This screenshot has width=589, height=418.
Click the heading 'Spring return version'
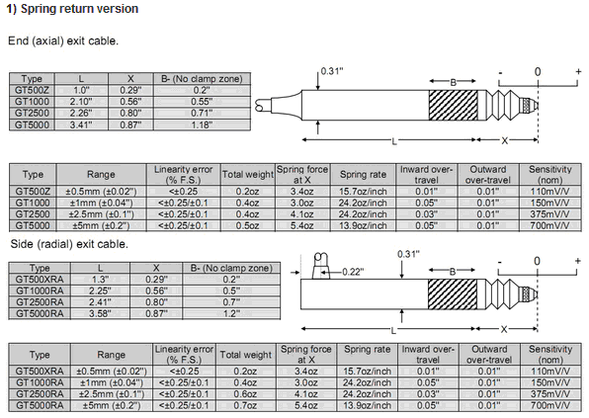79,9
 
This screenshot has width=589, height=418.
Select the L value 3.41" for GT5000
81,125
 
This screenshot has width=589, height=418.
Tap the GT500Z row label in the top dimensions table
32,90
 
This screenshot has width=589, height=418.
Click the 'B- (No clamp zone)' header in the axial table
202,78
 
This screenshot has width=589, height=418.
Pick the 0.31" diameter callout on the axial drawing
332,71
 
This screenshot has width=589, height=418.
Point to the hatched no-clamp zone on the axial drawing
453,105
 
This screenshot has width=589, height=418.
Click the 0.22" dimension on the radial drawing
353,272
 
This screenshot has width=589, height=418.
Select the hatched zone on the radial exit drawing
453,294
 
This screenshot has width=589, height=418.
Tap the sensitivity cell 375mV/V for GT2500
549,214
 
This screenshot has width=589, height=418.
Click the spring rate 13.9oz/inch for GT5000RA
367,405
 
